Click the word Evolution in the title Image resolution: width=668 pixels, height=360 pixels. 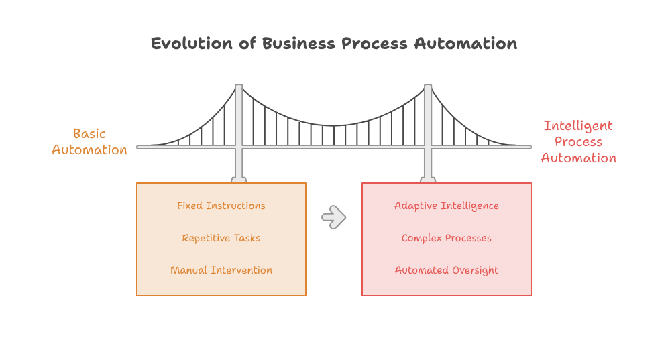(192, 44)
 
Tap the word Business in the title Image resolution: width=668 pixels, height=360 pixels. (298, 44)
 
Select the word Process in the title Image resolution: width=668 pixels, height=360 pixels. (374, 44)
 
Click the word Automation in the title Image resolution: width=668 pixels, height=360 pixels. (465, 44)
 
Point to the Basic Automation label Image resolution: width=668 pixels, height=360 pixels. (89, 142)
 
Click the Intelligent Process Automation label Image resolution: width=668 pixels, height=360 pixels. (579, 142)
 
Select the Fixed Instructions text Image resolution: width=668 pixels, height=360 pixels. (221, 206)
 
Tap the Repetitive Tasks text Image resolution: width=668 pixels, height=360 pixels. (221, 238)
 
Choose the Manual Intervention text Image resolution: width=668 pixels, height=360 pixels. (221, 270)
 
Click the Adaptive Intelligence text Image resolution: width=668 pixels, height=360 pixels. (447, 206)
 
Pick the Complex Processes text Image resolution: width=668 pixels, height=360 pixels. (447, 238)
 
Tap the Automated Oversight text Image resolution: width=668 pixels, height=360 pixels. (447, 271)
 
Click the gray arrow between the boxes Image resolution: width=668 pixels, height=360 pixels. (334, 217)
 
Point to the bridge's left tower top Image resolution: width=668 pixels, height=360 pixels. (239, 86)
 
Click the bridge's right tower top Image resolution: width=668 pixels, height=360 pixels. (428, 86)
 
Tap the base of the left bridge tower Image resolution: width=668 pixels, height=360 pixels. (239, 180)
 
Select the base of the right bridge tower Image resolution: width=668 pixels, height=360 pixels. (428, 180)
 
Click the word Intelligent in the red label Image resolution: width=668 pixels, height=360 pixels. (579, 126)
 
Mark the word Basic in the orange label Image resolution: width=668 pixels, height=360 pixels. (89, 134)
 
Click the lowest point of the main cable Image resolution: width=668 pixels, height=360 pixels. (333, 125)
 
